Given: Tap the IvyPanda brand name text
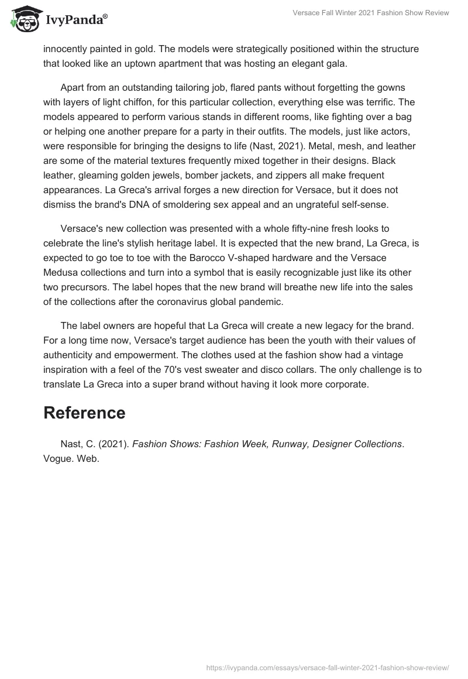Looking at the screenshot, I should pos(75,21).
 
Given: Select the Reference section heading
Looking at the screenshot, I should pos(84,413).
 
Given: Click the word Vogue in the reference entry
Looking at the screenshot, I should pos(56,459).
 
